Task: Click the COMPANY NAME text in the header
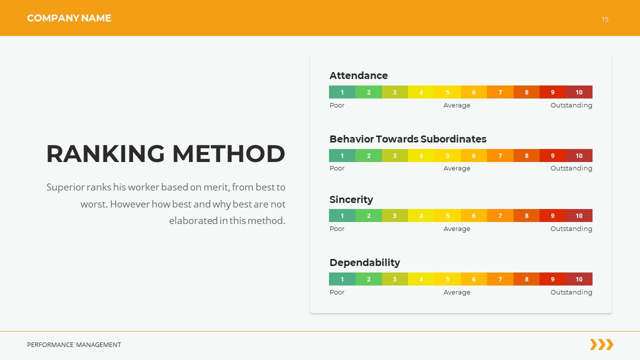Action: pos(69,18)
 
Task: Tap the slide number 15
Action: pos(605,19)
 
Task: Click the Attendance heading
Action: pos(358,75)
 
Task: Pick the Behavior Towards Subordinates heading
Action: pos(407,139)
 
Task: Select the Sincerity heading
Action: pos(351,199)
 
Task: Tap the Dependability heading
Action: pos(364,262)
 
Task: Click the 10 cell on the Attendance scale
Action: pos(579,92)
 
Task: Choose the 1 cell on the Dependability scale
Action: pos(342,279)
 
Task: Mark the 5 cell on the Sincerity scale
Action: pos(447,215)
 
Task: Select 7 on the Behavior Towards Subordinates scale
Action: pos(500,155)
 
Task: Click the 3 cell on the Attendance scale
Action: pos(394,92)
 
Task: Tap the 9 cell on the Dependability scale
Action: pos(552,279)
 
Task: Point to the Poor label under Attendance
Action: pos(337,105)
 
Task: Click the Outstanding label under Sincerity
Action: pos(571,228)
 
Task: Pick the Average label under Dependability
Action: pos(456,292)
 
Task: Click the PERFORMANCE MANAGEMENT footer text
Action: pos(74,344)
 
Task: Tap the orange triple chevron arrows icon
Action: pos(601,344)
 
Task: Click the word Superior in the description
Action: pos(65,187)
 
